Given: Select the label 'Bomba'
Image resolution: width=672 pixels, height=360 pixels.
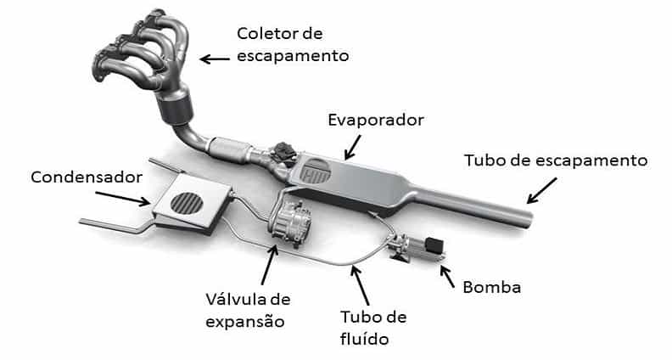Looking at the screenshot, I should pos(491,286).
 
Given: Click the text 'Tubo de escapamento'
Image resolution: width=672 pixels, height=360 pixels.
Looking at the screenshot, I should pos(555,160).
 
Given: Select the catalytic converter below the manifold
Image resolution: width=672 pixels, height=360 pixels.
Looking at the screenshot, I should pos(176,110).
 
